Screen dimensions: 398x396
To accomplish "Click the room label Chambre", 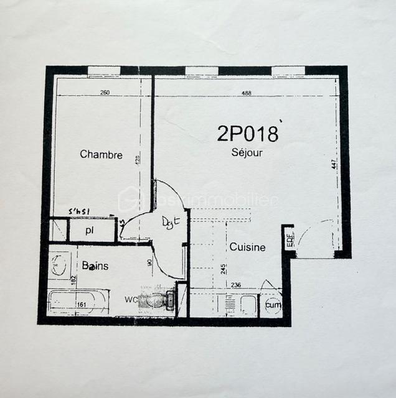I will (x=101, y=155).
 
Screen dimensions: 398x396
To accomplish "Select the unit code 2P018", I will (x=247, y=133).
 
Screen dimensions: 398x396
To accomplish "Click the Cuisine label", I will (x=247, y=247).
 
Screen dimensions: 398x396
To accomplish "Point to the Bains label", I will (x=95, y=266).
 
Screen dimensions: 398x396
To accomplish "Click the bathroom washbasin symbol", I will (x=59, y=265).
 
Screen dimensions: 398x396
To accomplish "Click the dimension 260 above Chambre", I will (x=105, y=93).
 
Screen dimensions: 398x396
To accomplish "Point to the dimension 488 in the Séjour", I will (x=247, y=93).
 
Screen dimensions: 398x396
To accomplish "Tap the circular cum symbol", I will (x=272, y=305).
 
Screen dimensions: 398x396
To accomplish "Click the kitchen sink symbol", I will (x=245, y=305).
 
